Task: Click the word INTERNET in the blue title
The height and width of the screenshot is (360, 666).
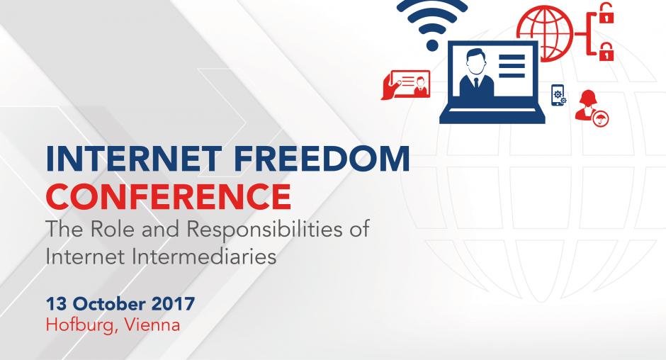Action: [x=133, y=159]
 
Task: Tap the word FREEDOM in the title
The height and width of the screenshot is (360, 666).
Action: [x=322, y=159]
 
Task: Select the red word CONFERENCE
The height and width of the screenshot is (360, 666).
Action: [x=169, y=196]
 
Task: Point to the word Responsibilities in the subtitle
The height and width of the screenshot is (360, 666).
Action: [x=264, y=230]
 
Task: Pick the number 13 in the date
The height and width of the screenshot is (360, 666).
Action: [x=57, y=304]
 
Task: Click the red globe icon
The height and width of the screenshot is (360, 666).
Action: [x=545, y=33]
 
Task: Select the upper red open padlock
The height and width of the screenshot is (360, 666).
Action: [x=606, y=13]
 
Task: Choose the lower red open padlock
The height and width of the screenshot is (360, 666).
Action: [x=606, y=52]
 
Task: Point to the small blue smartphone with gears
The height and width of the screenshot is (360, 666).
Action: [x=558, y=95]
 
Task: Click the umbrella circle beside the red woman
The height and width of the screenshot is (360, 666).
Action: [x=601, y=118]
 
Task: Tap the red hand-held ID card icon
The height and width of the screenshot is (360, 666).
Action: [x=406, y=85]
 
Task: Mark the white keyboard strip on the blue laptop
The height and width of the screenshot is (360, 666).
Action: [x=492, y=111]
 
